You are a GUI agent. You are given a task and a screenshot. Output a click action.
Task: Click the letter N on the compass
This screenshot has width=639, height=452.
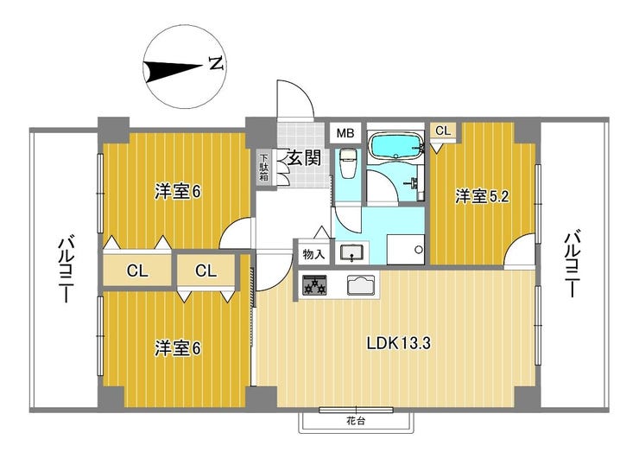217,63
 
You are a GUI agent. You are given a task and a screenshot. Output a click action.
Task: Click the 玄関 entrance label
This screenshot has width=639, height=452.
304,157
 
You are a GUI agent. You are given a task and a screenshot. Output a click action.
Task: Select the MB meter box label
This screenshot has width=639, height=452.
345,133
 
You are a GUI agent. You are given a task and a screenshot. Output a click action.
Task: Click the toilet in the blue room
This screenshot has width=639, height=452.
348,163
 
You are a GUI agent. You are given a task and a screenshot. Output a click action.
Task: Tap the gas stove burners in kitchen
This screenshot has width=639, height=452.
314,284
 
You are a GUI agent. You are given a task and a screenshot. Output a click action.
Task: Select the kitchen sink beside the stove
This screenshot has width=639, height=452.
361,284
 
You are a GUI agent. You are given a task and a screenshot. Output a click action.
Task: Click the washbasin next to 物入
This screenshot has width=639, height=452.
351,253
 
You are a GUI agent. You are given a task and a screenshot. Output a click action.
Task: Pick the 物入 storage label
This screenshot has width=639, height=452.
313,255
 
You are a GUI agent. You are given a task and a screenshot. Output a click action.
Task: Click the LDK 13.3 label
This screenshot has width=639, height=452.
399,343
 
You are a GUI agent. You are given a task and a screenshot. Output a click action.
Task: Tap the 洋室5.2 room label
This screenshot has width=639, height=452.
482,197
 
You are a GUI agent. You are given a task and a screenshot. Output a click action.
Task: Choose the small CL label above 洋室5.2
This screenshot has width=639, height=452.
443,131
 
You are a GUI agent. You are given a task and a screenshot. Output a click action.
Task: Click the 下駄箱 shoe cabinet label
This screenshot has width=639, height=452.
264,168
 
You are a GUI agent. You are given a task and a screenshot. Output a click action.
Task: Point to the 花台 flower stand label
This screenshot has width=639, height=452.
356,421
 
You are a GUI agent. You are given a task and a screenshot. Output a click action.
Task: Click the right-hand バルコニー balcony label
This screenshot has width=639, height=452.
573,264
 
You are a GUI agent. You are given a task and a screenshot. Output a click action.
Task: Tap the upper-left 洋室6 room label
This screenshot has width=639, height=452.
178,192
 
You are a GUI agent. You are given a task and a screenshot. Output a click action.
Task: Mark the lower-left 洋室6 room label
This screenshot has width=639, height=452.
178,348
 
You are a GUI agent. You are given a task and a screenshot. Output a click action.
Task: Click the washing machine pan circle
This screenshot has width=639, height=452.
417,250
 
